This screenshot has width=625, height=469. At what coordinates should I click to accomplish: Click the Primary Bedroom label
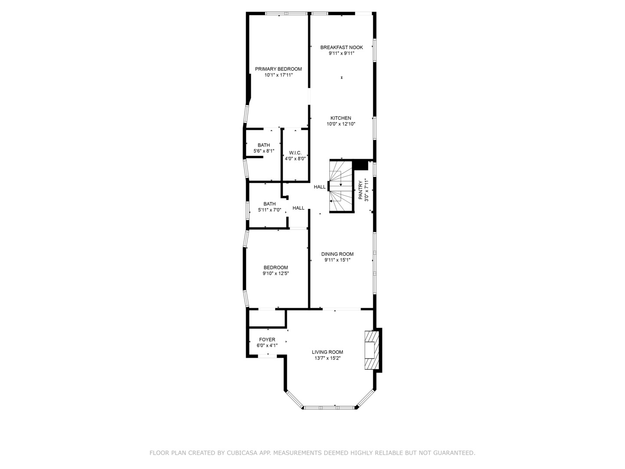(278, 69)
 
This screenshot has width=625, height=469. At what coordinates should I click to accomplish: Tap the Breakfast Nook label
(342, 47)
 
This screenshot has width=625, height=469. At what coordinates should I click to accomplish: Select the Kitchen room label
(341, 118)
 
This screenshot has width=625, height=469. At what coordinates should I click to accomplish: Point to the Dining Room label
(337, 254)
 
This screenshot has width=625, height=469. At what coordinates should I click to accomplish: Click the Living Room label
(327, 352)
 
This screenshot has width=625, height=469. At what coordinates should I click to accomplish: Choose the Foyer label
(267, 340)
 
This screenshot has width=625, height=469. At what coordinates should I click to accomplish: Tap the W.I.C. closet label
(295, 153)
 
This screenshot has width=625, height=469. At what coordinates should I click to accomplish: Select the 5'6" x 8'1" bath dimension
(264, 151)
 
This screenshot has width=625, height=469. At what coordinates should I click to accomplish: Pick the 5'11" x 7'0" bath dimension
(270, 210)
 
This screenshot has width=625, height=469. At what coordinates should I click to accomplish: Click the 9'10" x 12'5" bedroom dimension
(276, 274)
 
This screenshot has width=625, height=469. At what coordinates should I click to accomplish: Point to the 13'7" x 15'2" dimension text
(327, 359)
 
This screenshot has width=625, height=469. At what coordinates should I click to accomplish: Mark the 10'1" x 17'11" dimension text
(279, 75)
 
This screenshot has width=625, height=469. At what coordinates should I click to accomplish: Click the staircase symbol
(341, 187)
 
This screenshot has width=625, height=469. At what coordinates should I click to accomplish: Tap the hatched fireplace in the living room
(370, 350)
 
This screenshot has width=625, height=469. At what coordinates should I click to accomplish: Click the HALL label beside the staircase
(320, 187)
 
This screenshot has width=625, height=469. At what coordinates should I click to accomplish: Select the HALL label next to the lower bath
(299, 208)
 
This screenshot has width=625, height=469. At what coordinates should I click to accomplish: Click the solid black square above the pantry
(360, 165)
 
